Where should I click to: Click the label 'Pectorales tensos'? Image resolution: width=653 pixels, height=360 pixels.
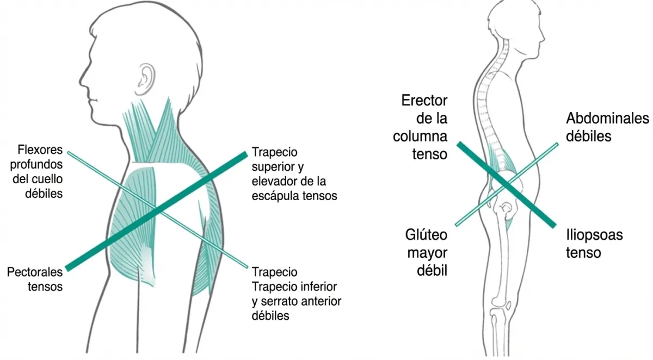[x=35, y=278]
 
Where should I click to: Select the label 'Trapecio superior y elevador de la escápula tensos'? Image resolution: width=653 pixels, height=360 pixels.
[x=294, y=173]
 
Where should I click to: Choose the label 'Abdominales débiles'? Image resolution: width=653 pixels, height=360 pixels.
[x=607, y=127]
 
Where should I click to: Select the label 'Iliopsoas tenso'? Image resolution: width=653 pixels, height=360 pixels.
[x=594, y=244]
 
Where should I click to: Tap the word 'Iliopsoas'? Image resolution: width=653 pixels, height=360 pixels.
[x=594, y=235]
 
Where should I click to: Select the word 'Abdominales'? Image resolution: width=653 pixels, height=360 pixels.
[x=607, y=118]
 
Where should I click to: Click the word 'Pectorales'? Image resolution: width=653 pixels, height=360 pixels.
[x=35, y=271]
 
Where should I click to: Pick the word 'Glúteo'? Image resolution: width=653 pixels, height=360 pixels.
[x=426, y=235]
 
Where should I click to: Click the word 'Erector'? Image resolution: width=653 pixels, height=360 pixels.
[x=424, y=100]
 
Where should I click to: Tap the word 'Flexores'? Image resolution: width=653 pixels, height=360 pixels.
[x=40, y=149]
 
